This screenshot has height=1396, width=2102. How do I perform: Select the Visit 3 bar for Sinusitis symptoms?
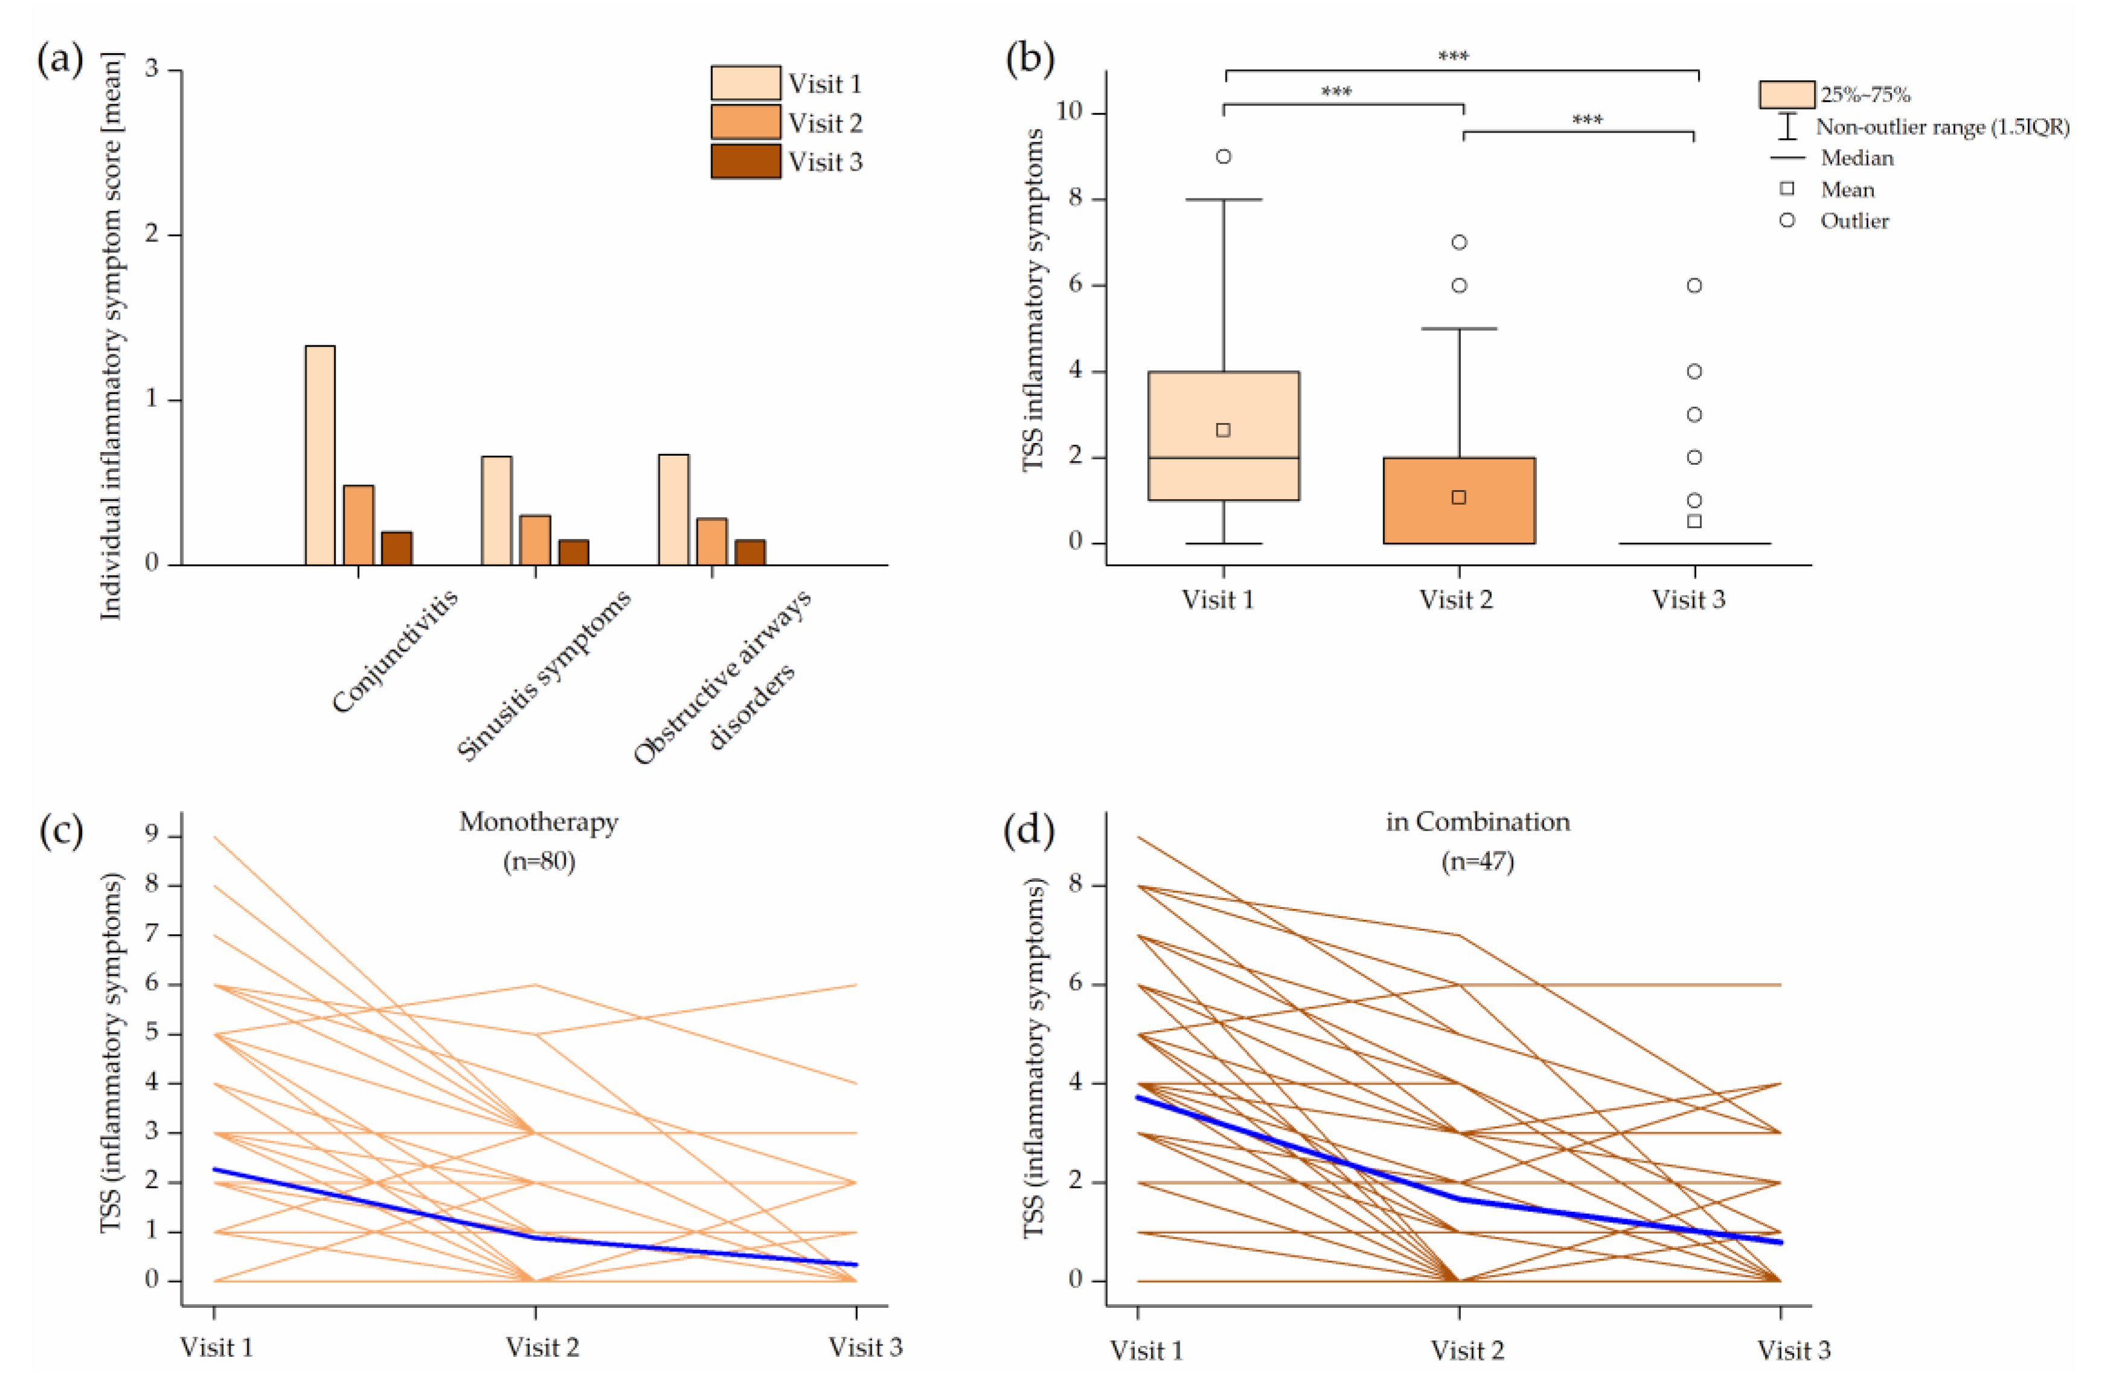(573, 552)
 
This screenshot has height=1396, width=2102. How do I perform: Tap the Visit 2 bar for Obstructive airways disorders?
(711, 541)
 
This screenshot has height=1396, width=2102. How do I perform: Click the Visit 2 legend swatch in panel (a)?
(745, 122)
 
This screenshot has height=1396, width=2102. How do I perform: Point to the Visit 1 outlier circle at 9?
(1223, 157)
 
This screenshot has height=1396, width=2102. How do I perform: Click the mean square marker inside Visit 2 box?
(1458, 497)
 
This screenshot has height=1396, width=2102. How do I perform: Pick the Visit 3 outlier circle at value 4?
(1695, 371)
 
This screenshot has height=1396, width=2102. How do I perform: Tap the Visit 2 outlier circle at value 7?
(1459, 242)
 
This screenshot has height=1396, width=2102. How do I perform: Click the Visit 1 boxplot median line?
(1223, 457)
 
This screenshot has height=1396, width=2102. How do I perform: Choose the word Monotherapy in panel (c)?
(538, 822)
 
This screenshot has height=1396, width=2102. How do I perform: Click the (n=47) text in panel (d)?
(1478, 861)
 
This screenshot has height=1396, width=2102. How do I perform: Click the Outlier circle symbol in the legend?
(1787, 220)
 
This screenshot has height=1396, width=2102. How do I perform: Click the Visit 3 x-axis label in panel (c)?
(866, 1347)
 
